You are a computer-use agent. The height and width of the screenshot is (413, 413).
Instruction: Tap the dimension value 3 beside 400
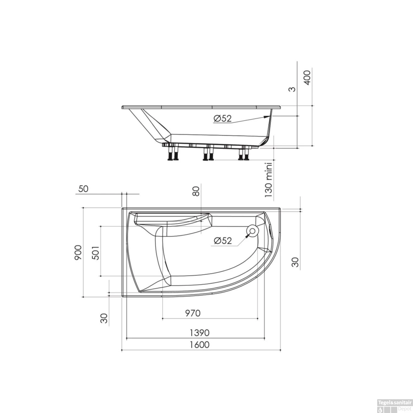pos(293,89)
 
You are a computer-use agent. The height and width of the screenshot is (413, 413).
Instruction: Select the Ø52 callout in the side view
pos(222,118)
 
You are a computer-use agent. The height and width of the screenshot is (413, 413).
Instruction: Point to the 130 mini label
pos(268,180)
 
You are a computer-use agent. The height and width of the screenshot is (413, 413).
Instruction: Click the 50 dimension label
pos(83,189)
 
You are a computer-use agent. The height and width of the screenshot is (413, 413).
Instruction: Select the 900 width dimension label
pos(78,253)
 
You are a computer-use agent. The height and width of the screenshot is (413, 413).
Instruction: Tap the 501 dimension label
pos(95,252)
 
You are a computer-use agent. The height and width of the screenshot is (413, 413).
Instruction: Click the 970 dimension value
pos(192,313)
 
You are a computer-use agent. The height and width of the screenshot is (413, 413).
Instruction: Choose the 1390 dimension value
pos(199,333)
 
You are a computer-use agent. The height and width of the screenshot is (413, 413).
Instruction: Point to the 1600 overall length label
pos(199,345)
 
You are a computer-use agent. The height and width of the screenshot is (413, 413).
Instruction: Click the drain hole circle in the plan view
pos(252,230)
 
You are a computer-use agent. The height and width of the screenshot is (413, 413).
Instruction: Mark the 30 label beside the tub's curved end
pos(295,262)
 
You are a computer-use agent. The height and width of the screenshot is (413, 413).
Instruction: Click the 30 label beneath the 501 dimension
pos(104,318)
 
